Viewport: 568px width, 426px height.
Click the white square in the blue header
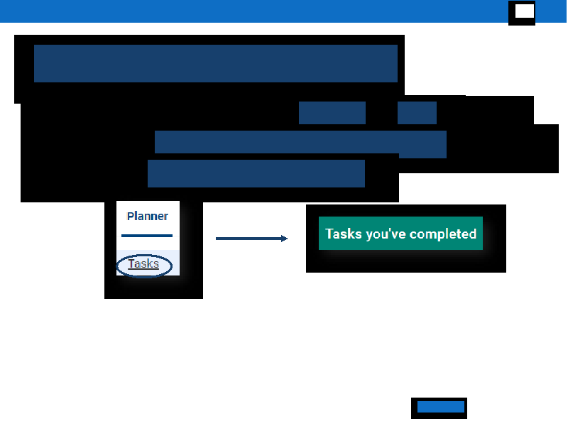(x=525, y=11)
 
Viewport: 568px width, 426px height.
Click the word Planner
(x=148, y=217)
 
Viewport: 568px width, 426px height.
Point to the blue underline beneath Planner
(x=147, y=236)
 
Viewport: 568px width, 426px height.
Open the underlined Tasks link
(x=143, y=264)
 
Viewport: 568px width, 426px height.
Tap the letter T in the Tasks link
(x=131, y=263)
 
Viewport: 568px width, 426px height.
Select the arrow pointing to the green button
(x=251, y=239)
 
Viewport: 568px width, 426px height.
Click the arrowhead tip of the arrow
(x=288, y=239)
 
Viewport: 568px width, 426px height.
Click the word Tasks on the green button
(x=344, y=234)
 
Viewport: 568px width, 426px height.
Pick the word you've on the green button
(x=386, y=234)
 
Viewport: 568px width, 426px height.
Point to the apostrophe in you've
(x=390, y=229)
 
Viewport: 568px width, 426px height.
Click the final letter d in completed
(x=472, y=234)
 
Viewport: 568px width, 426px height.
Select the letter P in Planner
(x=131, y=217)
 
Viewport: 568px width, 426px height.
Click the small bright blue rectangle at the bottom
(x=440, y=407)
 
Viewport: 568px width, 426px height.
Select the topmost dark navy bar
(x=216, y=63)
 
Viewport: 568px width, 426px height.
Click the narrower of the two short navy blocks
(x=417, y=113)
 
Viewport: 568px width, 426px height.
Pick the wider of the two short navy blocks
(x=332, y=113)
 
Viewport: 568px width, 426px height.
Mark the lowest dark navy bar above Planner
(x=256, y=173)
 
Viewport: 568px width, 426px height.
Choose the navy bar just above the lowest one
(x=300, y=142)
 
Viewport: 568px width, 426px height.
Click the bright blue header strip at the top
(x=253, y=11)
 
